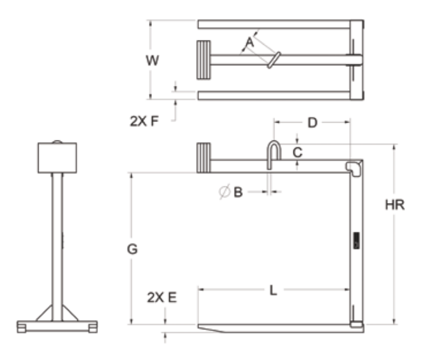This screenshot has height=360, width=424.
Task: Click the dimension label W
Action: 153,60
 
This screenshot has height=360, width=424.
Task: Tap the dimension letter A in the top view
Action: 249,42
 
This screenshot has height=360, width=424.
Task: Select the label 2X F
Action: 144,121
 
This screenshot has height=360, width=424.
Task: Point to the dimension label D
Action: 312,123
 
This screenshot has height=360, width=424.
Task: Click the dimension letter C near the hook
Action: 297,152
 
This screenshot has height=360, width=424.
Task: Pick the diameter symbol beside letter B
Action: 224,191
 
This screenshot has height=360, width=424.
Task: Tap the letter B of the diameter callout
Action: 238,192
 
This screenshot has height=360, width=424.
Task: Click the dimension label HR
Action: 395,205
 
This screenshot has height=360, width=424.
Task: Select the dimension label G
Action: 132,249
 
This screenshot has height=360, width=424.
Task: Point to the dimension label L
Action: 273,291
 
